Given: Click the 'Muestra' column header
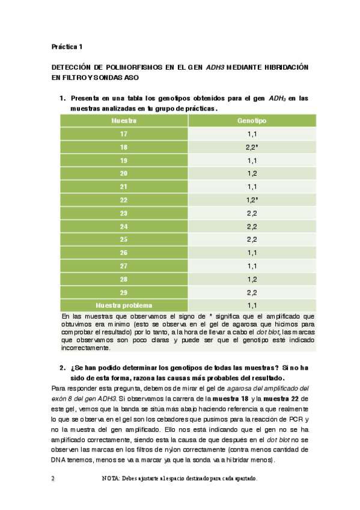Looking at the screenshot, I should [x=124, y=121].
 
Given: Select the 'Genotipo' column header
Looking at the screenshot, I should [x=252, y=121].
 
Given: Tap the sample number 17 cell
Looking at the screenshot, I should [x=124, y=134].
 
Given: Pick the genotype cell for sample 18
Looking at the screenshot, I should [x=252, y=147].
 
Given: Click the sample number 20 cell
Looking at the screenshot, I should [x=124, y=173].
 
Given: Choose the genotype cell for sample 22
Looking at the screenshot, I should [x=252, y=200].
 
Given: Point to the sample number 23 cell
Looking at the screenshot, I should [x=124, y=213].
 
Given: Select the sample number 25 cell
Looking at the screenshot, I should [x=124, y=239].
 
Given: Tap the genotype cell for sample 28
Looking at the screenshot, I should [x=252, y=279].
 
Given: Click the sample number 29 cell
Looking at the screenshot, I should [x=124, y=292].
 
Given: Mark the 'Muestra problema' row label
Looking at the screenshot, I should [x=124, y=305].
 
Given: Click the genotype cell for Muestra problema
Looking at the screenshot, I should [x=252, y=305].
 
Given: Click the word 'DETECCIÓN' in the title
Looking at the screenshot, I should [x=76, y=67].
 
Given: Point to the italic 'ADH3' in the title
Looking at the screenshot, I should [x=216, y=67].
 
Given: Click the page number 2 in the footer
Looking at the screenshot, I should [x=53, y=479].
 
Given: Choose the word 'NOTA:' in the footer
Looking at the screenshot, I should [x=112, y=479].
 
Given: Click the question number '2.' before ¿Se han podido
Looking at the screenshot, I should [x=63, y=367].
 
